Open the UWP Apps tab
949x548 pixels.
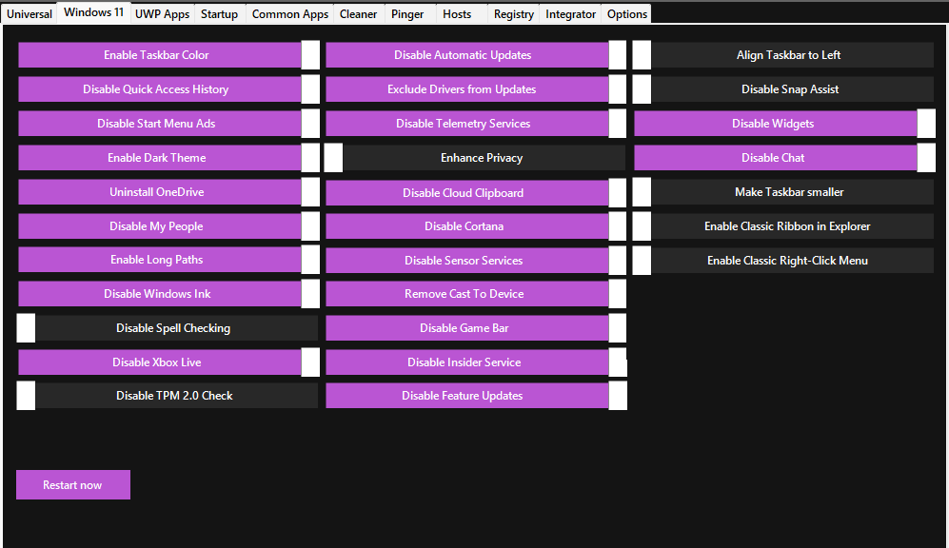162,14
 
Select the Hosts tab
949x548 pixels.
457,14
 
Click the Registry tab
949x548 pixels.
513,14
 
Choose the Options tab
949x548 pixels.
627,14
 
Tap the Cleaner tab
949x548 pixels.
358,14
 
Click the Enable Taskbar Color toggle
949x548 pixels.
168,55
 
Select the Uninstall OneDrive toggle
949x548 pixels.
168,192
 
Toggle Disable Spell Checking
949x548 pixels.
167,328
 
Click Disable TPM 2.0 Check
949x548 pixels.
167,396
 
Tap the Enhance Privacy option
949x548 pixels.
475,158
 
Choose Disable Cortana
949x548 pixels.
476,226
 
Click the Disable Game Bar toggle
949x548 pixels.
476,328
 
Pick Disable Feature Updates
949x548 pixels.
476,396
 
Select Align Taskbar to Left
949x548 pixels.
783,55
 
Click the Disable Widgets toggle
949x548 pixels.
784,124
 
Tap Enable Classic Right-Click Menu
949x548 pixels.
783,261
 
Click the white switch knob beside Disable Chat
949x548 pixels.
926,158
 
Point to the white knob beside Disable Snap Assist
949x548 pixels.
642,89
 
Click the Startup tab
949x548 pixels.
219,14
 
